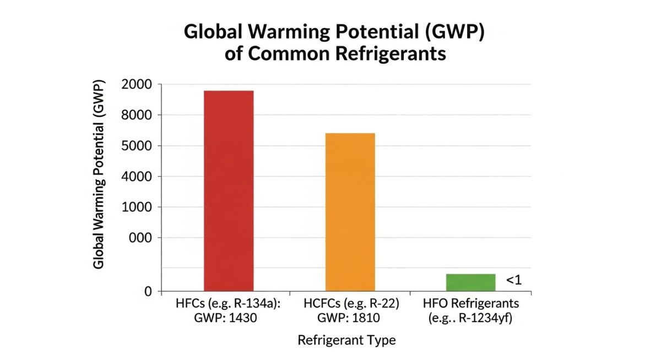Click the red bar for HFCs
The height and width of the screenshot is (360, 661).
point(229,190)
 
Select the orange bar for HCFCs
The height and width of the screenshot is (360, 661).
point(350,212)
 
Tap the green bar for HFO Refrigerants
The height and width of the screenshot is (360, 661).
point(470,282)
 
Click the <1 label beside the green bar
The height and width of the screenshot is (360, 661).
point(513,280)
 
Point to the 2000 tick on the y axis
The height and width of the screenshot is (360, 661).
point(140,84)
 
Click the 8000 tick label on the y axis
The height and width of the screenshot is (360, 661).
point(140,115)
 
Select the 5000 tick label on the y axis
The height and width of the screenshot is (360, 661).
point(140,146)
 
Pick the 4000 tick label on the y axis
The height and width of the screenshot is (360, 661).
point(140,177)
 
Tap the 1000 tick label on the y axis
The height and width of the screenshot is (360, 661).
point(140,208)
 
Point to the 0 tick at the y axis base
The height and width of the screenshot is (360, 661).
point(148,291)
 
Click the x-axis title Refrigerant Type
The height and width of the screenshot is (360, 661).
point(346,340)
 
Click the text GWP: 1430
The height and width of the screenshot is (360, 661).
point(228,318)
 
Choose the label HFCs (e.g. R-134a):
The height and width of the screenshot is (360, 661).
point(228,303)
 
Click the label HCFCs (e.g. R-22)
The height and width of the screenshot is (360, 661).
point(351,303)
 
